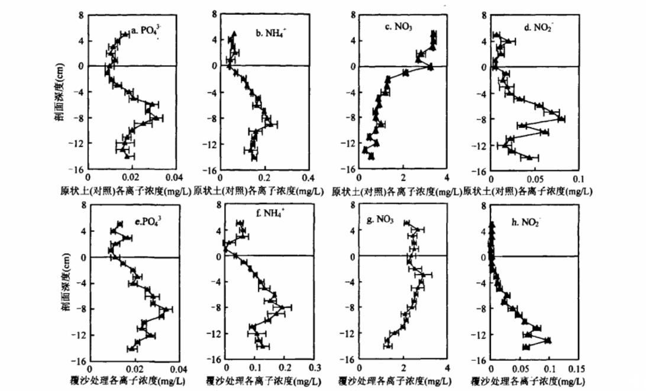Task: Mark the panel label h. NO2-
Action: (524, 222)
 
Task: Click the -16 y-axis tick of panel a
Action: (79, 170)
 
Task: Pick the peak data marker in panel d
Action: (561, 119)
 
